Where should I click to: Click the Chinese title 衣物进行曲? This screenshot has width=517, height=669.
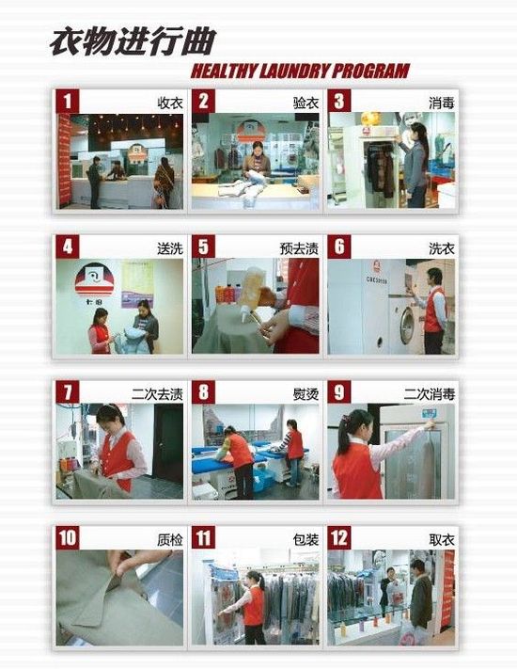[x=133, y=41]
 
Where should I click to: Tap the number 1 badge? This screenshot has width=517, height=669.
[x=68, y=102]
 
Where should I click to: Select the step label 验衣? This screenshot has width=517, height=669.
[x=305, y=103]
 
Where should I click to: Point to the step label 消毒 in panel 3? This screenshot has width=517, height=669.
[x=442, y=103]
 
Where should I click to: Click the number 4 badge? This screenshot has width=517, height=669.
[x=68, y=247]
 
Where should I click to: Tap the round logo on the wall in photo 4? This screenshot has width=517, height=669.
[x=95, y=279]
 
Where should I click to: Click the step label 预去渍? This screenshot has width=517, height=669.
[x=299, y=248]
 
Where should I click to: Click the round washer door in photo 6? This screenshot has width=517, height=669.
[x=407, y=326]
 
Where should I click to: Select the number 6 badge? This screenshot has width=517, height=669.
[x=339, y=247]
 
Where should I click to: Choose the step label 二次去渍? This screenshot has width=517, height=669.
[x=157, y=394]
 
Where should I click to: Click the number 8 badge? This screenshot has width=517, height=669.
[x=203, y=392]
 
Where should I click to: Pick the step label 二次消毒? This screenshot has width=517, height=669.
[x=430, y=394]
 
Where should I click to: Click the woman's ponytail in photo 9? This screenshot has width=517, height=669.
[x=342, y=432]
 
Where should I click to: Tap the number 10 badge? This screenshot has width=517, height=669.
[x=68, y=537]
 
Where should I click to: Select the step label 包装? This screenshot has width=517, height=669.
[x=305, y=539]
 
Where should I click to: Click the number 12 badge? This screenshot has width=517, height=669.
[x=339, y=537]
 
